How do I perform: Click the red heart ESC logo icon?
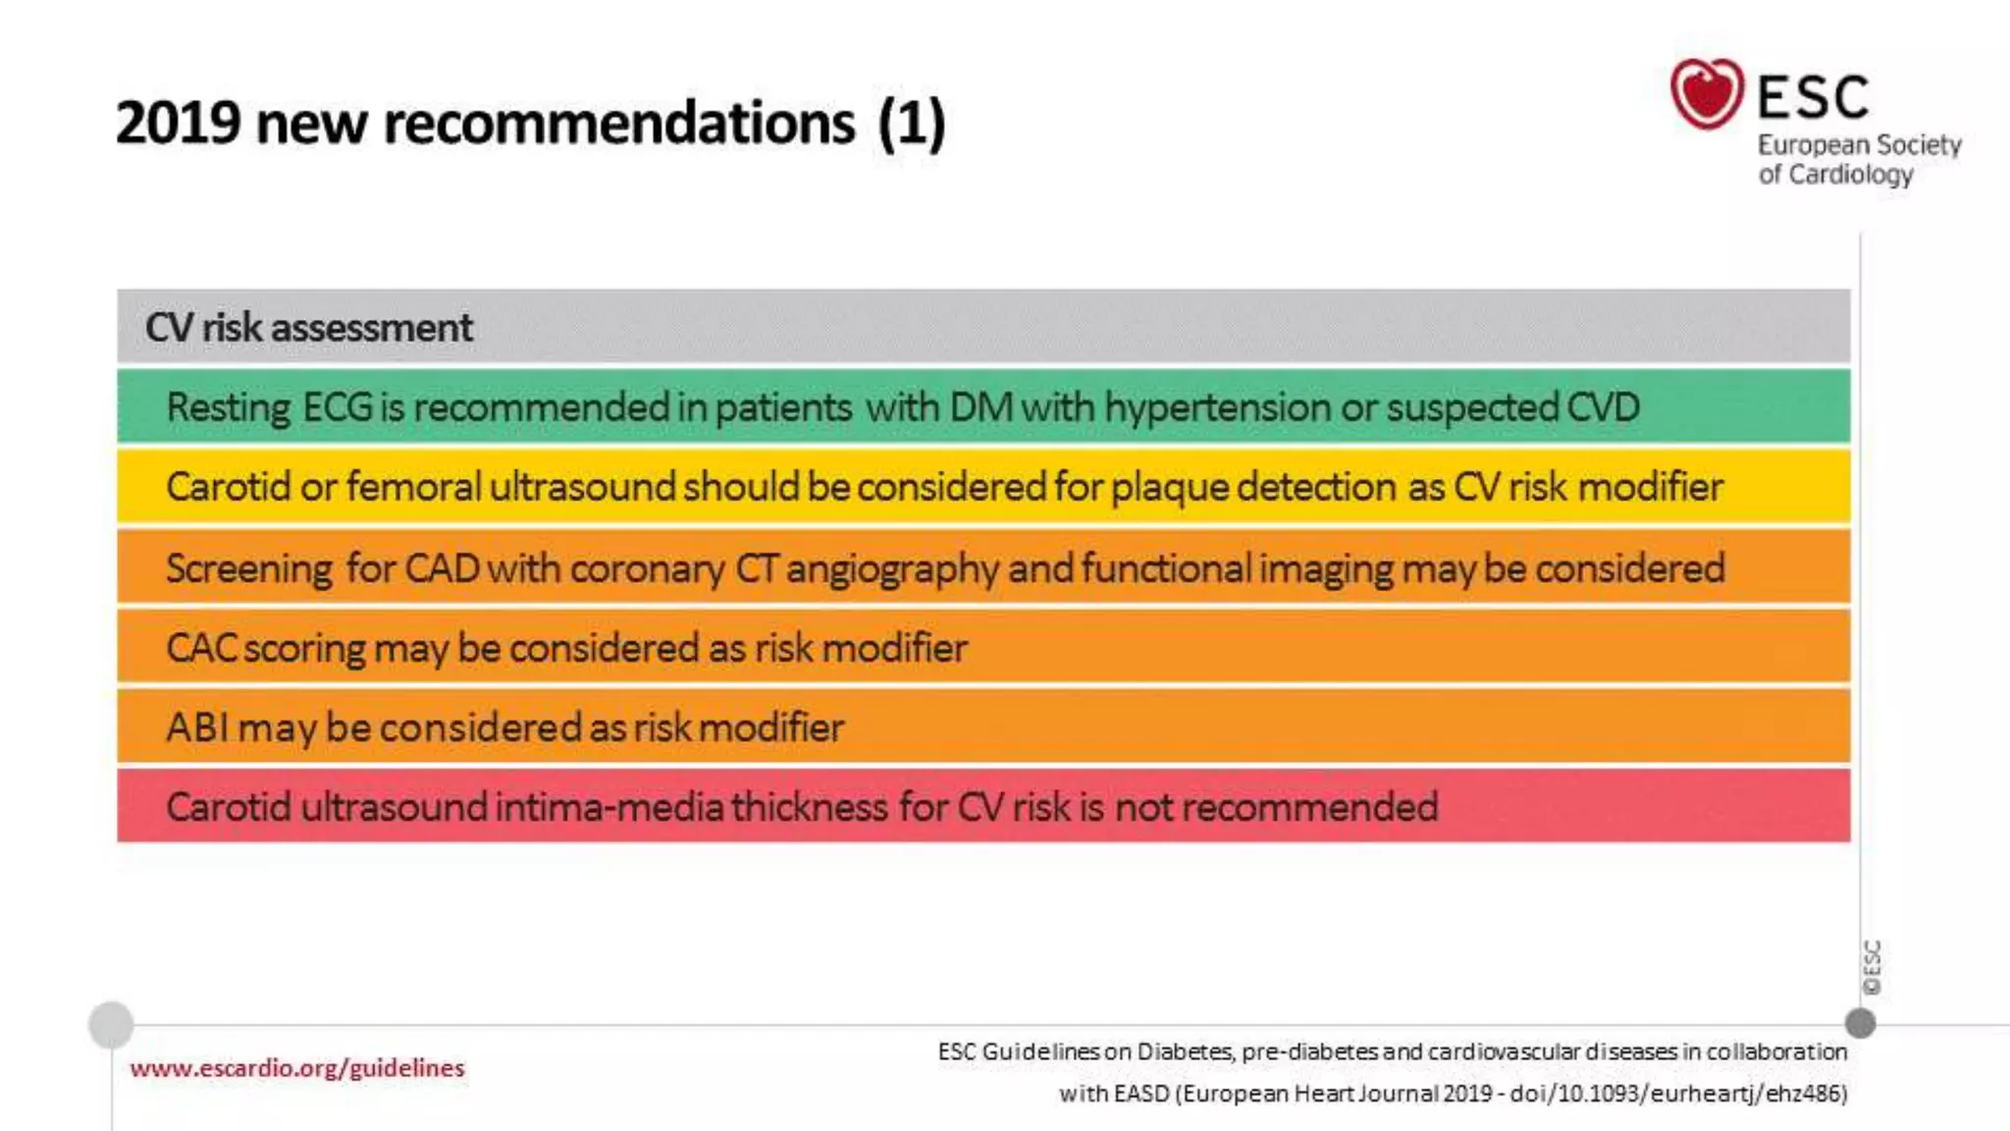[x=1707, y=93]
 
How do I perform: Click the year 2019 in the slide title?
[x=178, y=123]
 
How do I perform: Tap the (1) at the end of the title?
[x=912, y=123]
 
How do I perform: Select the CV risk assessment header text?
[x=309, y=327]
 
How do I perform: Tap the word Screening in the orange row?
[x=249, y=568]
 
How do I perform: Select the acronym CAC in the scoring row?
[x=200, y=648]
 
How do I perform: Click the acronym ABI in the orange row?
[x=196, y=727]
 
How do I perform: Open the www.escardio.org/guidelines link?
[x=296, y=1068]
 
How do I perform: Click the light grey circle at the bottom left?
[x=111, y=1024]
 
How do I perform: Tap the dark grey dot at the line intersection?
[x=1860, y=1023]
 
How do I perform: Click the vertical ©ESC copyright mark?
[x=1872, y=967]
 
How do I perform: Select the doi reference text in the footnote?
[x=1678, y=1094]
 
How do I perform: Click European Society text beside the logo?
[x=1859, y=145]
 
